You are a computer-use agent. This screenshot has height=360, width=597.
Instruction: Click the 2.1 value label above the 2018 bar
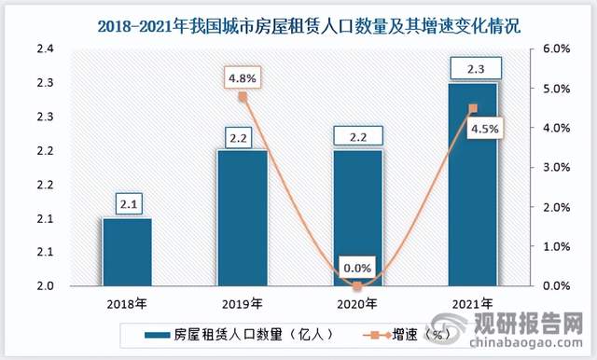127,201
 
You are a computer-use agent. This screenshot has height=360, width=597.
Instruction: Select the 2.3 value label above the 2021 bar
472,67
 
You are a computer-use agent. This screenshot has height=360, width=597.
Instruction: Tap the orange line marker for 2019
243,96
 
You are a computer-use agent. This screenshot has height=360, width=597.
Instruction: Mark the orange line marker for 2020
357,285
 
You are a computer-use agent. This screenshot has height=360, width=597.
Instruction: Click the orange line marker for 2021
472,108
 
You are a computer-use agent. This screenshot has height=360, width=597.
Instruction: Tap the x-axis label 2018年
127,304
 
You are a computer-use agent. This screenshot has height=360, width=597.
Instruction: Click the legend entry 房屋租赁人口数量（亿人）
233,333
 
